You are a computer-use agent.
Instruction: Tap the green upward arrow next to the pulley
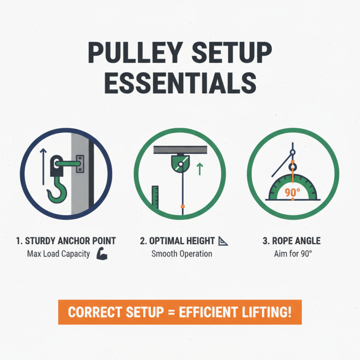click(x=200, y=169)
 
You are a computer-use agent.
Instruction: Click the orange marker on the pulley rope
click(x=182, y=206)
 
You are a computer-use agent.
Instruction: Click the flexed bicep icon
click(x=101, y=254)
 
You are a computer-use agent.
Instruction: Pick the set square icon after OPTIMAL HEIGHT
click(x=223, y=241)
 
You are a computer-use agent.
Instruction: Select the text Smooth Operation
click(x=182, y=254)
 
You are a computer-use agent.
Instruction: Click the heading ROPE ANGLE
click(x=292, y=241)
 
